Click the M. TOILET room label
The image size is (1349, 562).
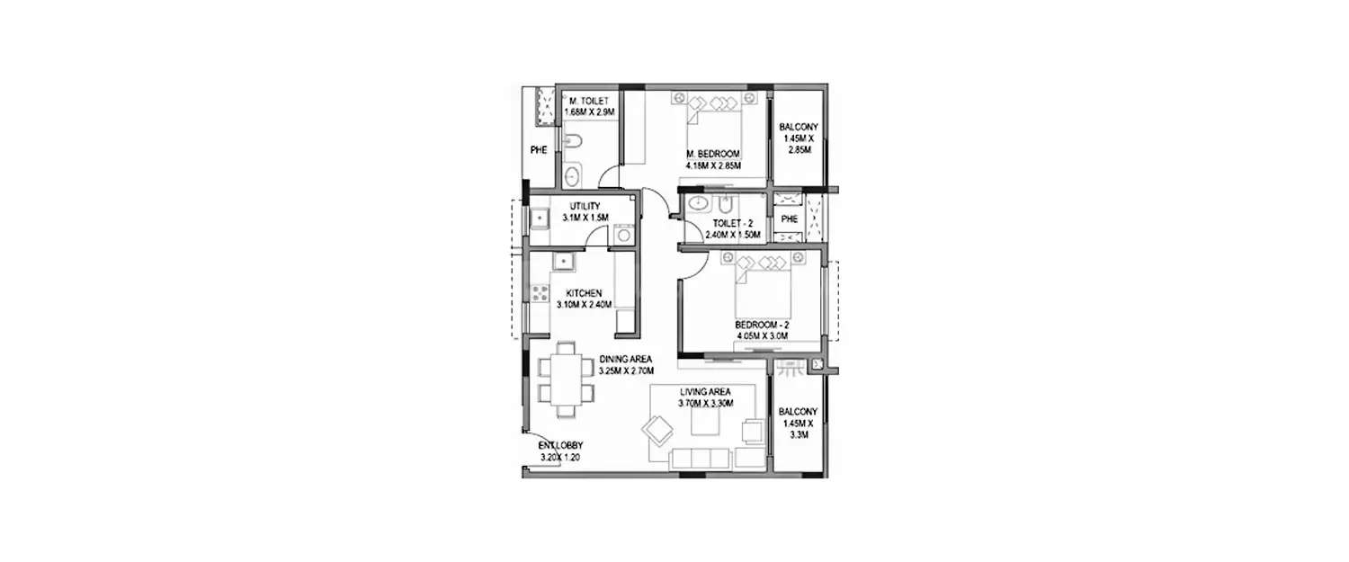point(588,100)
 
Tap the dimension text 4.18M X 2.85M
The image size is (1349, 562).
point(711,166)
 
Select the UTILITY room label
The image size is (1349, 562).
point(584,206)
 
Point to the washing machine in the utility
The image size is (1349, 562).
point(623,234)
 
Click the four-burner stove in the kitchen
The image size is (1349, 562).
point(540,292)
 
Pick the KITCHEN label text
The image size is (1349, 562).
point(584,293)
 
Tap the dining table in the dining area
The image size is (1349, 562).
point(566,379)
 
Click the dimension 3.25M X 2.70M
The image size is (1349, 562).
point(626,370)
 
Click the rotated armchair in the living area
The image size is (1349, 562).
point(657,431)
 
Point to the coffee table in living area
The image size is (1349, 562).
point(706,425)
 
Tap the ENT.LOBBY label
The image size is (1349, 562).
point(561,446)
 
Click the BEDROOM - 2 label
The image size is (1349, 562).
point(762,325)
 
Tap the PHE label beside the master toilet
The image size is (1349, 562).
point(539,150)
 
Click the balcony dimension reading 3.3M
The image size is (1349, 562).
point(796,433)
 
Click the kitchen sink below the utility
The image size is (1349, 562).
point(563,263)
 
